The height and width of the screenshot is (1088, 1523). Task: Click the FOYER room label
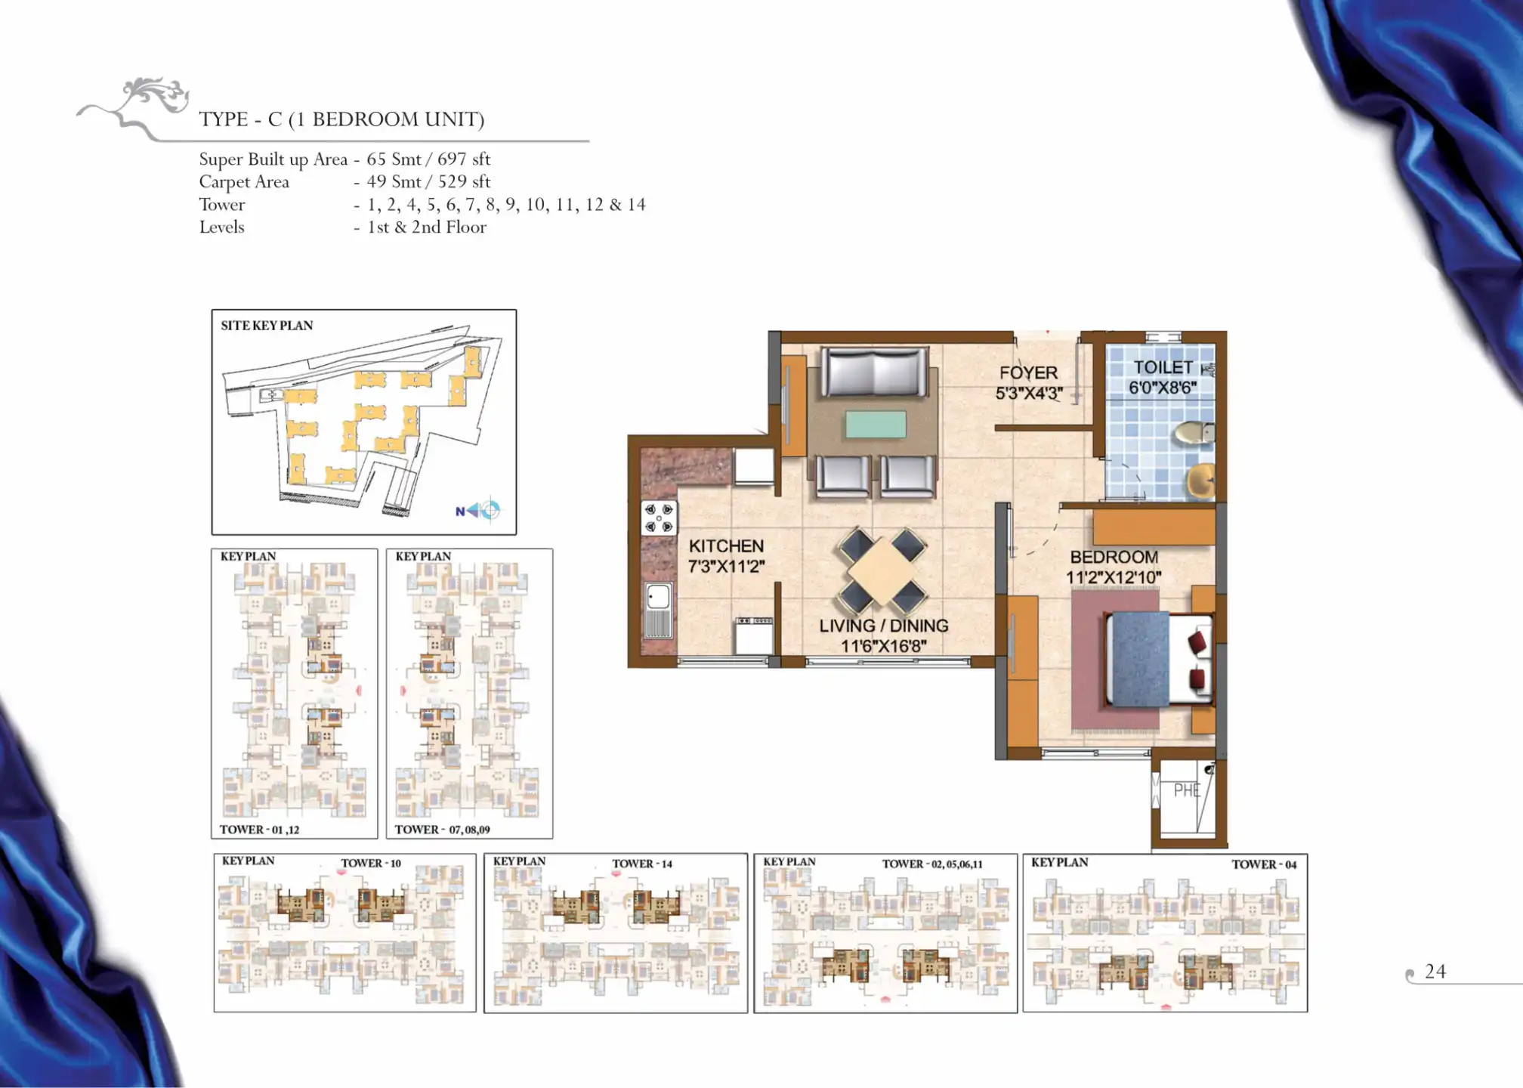click(x=1028, y=372)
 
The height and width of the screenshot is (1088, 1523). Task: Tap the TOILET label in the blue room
click(x=1163, y=367)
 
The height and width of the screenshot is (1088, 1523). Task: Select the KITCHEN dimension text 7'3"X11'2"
click(x=726, y=567)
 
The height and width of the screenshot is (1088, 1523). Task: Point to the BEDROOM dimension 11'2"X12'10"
click(x=1114, y=577)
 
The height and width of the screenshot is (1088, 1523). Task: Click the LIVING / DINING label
click(x=884, y=626)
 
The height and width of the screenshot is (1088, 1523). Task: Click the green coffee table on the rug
click(x=876, y=424)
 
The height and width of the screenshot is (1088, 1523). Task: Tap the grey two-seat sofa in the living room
click(x=874, y=372)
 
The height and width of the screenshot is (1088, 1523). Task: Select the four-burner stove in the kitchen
click(x=659, y=518)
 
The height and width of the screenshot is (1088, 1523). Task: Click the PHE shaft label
click(x=1187, y=790)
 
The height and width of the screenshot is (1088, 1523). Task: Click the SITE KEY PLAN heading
click(x=267, y=326)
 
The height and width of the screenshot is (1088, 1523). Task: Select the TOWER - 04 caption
click(x=1264, y=864)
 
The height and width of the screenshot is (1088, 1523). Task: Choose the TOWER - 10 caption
click(x=371, y=863)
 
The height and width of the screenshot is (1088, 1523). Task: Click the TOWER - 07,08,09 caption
click(x=442, y=830)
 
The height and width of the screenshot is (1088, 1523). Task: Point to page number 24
click(x=1435, y=972)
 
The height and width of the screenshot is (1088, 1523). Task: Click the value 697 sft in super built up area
click(x=464, y=159)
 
